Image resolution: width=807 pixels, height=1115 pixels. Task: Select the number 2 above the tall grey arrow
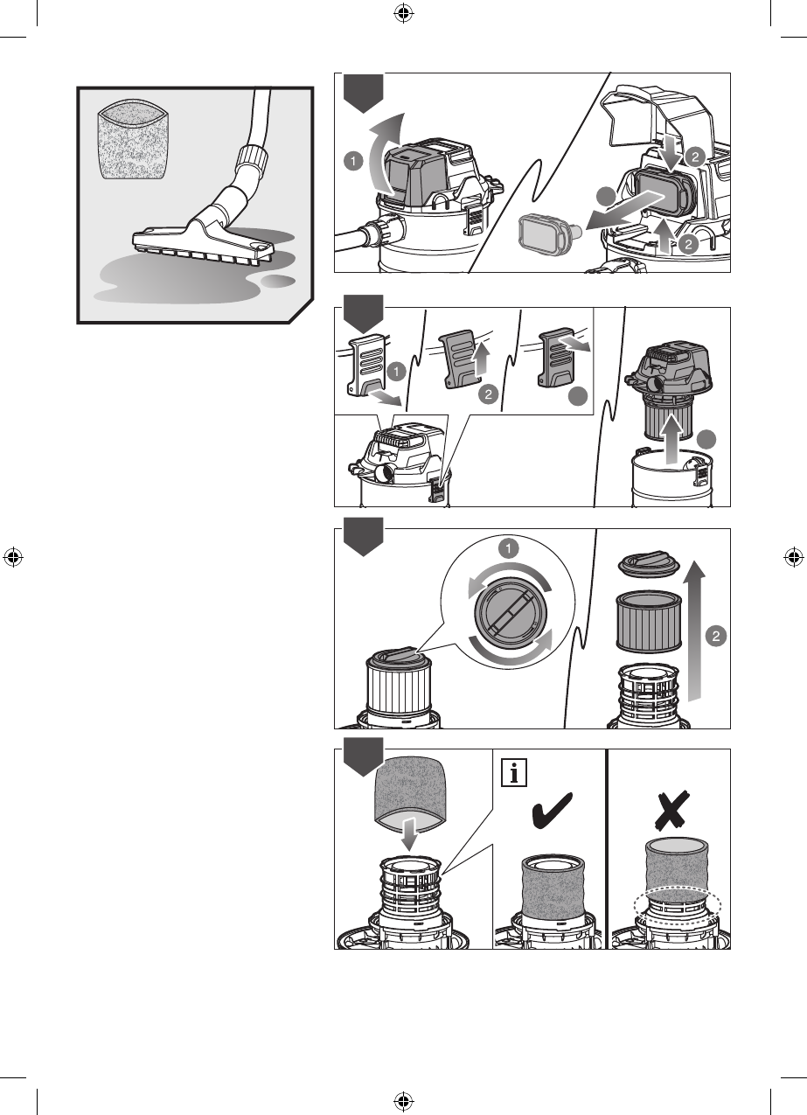715,637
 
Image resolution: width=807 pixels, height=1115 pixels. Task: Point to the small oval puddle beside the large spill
279,282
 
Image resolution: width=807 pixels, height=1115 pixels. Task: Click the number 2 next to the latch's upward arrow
487,394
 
